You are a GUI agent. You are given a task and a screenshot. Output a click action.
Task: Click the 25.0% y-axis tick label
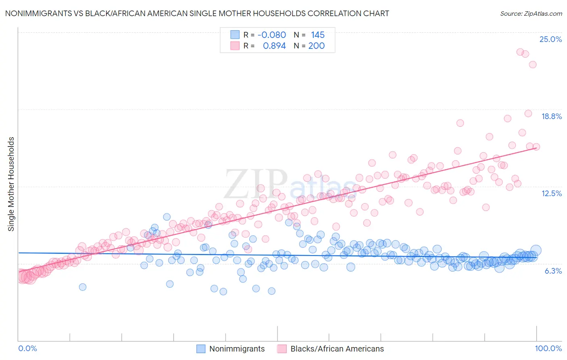[550, 39]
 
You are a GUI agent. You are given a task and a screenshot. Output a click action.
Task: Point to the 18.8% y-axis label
[551, 116]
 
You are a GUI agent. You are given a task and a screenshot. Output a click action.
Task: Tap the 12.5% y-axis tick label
[551, 193]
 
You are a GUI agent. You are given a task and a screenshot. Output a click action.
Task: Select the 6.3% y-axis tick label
[553, 271]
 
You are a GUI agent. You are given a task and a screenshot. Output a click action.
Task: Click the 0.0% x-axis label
[27, 348]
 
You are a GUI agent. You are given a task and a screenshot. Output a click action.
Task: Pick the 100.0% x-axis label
[548, 348]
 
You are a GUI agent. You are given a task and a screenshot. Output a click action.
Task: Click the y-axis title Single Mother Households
[11, 184]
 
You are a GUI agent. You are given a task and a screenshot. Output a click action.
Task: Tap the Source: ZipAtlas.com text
[531, 13]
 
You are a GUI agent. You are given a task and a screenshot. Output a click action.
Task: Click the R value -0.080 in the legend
[271, 35]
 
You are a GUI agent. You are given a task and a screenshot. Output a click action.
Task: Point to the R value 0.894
[274, 46]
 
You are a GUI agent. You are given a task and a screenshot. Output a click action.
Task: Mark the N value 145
[318, 35]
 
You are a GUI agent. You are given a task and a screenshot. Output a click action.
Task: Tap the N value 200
[317, 46]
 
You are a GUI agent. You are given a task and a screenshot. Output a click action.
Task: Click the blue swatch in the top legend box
[235, 35]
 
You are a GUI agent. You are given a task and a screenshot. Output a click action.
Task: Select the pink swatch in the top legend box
[235, 46]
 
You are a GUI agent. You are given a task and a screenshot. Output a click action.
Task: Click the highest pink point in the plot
[520, 52]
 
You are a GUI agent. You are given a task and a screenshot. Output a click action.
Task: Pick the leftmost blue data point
[83, 287]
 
